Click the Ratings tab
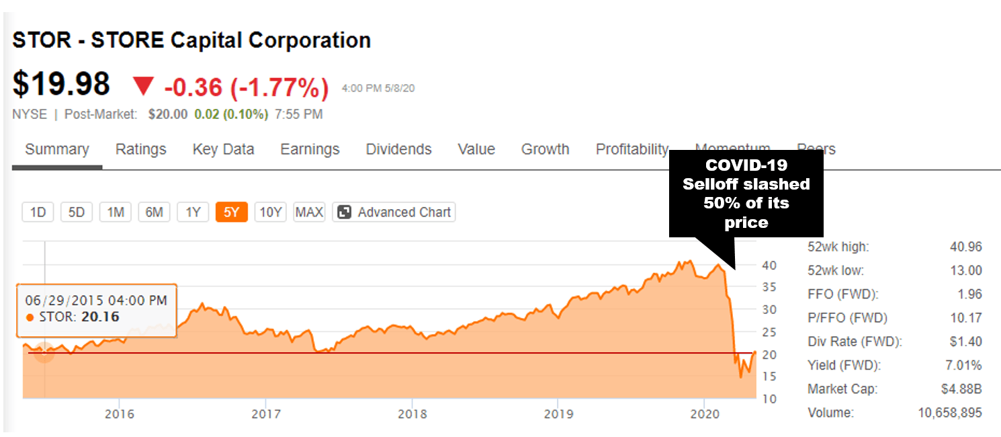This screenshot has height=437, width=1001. [x=140, y=149]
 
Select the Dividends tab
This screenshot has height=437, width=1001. [x=398, y=149]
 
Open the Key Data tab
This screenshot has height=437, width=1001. [x=223, y=149]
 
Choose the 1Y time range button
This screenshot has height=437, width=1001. [x=193, y=212]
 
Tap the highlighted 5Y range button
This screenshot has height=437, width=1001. [x=232, y=212]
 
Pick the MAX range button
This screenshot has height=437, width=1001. [x=309, y=212]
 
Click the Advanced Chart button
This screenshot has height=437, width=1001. [x=394, y=212]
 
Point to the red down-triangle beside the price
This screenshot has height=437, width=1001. [x=143, y=86]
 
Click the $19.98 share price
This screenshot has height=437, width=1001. [x=61, y=85]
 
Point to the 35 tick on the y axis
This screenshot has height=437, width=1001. [x=769, y=287]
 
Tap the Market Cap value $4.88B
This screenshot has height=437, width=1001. [x=962, y=389]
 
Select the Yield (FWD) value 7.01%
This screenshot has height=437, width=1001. [x=963, y=366]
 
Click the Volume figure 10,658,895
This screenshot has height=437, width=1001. [x=949, y=413]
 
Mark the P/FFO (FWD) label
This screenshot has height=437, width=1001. [x=847, y=318]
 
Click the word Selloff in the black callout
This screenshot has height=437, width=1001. [x=711, y=184]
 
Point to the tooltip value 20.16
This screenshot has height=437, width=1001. [x=99, y=317]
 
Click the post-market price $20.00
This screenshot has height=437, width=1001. [x=167, y=114]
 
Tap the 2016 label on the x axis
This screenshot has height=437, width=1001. [x=120, y=413]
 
